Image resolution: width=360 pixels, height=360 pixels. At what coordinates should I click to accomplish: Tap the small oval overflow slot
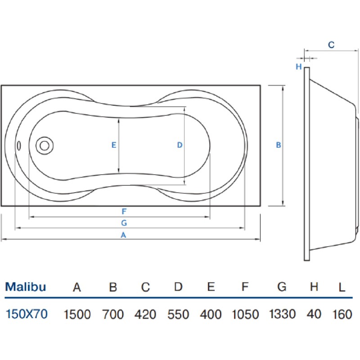pyautogui.click(x=19, y=146)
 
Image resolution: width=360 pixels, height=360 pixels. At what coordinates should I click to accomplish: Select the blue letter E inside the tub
pyautogui.click(x=114, y=145)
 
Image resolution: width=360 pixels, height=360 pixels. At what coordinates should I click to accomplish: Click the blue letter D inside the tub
pyautogui.click(x=180, y=145)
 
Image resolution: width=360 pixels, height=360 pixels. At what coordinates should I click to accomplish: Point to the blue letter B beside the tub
pyautogui.click(x=278, y=145)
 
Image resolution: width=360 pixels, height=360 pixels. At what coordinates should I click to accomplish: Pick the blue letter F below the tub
pyautogui.click(x=124, y=211)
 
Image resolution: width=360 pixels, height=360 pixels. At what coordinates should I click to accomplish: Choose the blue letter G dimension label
pyautogui.click(x=124, y=223)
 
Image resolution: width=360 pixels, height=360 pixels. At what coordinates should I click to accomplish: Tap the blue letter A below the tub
pyautogui.click(x=123, y=235)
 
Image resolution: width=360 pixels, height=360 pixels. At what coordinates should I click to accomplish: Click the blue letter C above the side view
pyautogui.click(x=331, y=45)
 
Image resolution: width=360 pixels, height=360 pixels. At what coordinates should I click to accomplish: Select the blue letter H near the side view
pyautogui.click(x=299, y=67)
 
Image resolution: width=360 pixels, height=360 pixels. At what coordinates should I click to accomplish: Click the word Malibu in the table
pyautogui.click(x=26, y=287)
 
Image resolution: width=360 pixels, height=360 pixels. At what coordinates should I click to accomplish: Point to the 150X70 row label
pyautogui.click(x=27, y=314)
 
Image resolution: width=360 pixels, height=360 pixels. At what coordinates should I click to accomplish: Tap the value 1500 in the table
pyautogui.click(x=77, y=314)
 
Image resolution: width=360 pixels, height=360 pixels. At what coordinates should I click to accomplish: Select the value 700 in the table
pyautogui.click(x=113, y=314)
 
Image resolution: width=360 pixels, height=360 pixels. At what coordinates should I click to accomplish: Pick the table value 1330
pyautogui.click(x=282, y=314)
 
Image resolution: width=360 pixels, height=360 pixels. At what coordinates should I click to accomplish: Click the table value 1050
pyautogui.click(x=245, y=314)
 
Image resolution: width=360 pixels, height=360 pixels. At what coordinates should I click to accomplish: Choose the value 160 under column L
pyautogui.click(x=342, y=314)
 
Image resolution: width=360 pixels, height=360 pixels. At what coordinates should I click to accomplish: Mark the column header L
pyautogui.click(x=342, y=287)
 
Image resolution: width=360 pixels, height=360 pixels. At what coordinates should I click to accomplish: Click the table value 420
pyautogui.click(x=145, y=314)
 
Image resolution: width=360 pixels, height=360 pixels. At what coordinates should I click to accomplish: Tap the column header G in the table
pyautogui.click(x=282, y=287)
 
